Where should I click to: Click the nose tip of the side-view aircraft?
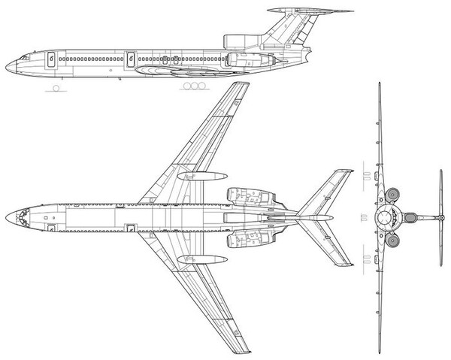[6, 66]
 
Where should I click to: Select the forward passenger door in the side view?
[52, 58]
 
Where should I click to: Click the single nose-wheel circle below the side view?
[55, 88]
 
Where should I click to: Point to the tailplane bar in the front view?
[440, 218]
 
